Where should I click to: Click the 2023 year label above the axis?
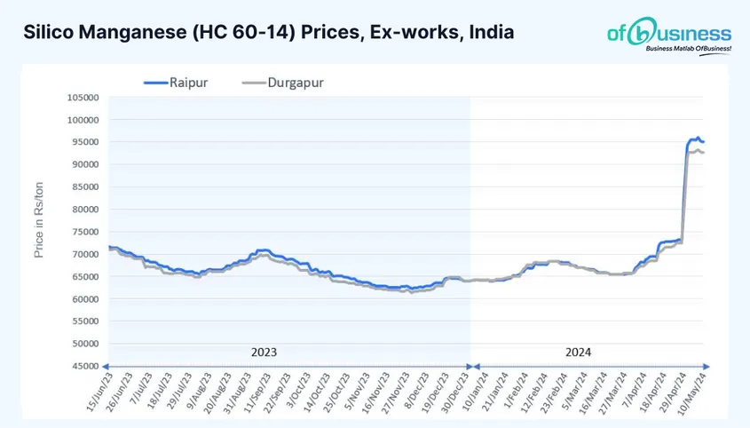(264, 352)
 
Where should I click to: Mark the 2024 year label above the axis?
(578, 352)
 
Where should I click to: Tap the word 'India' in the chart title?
(491, 33)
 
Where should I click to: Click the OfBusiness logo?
(668, 32)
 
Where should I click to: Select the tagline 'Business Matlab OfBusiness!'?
(688, 49)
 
